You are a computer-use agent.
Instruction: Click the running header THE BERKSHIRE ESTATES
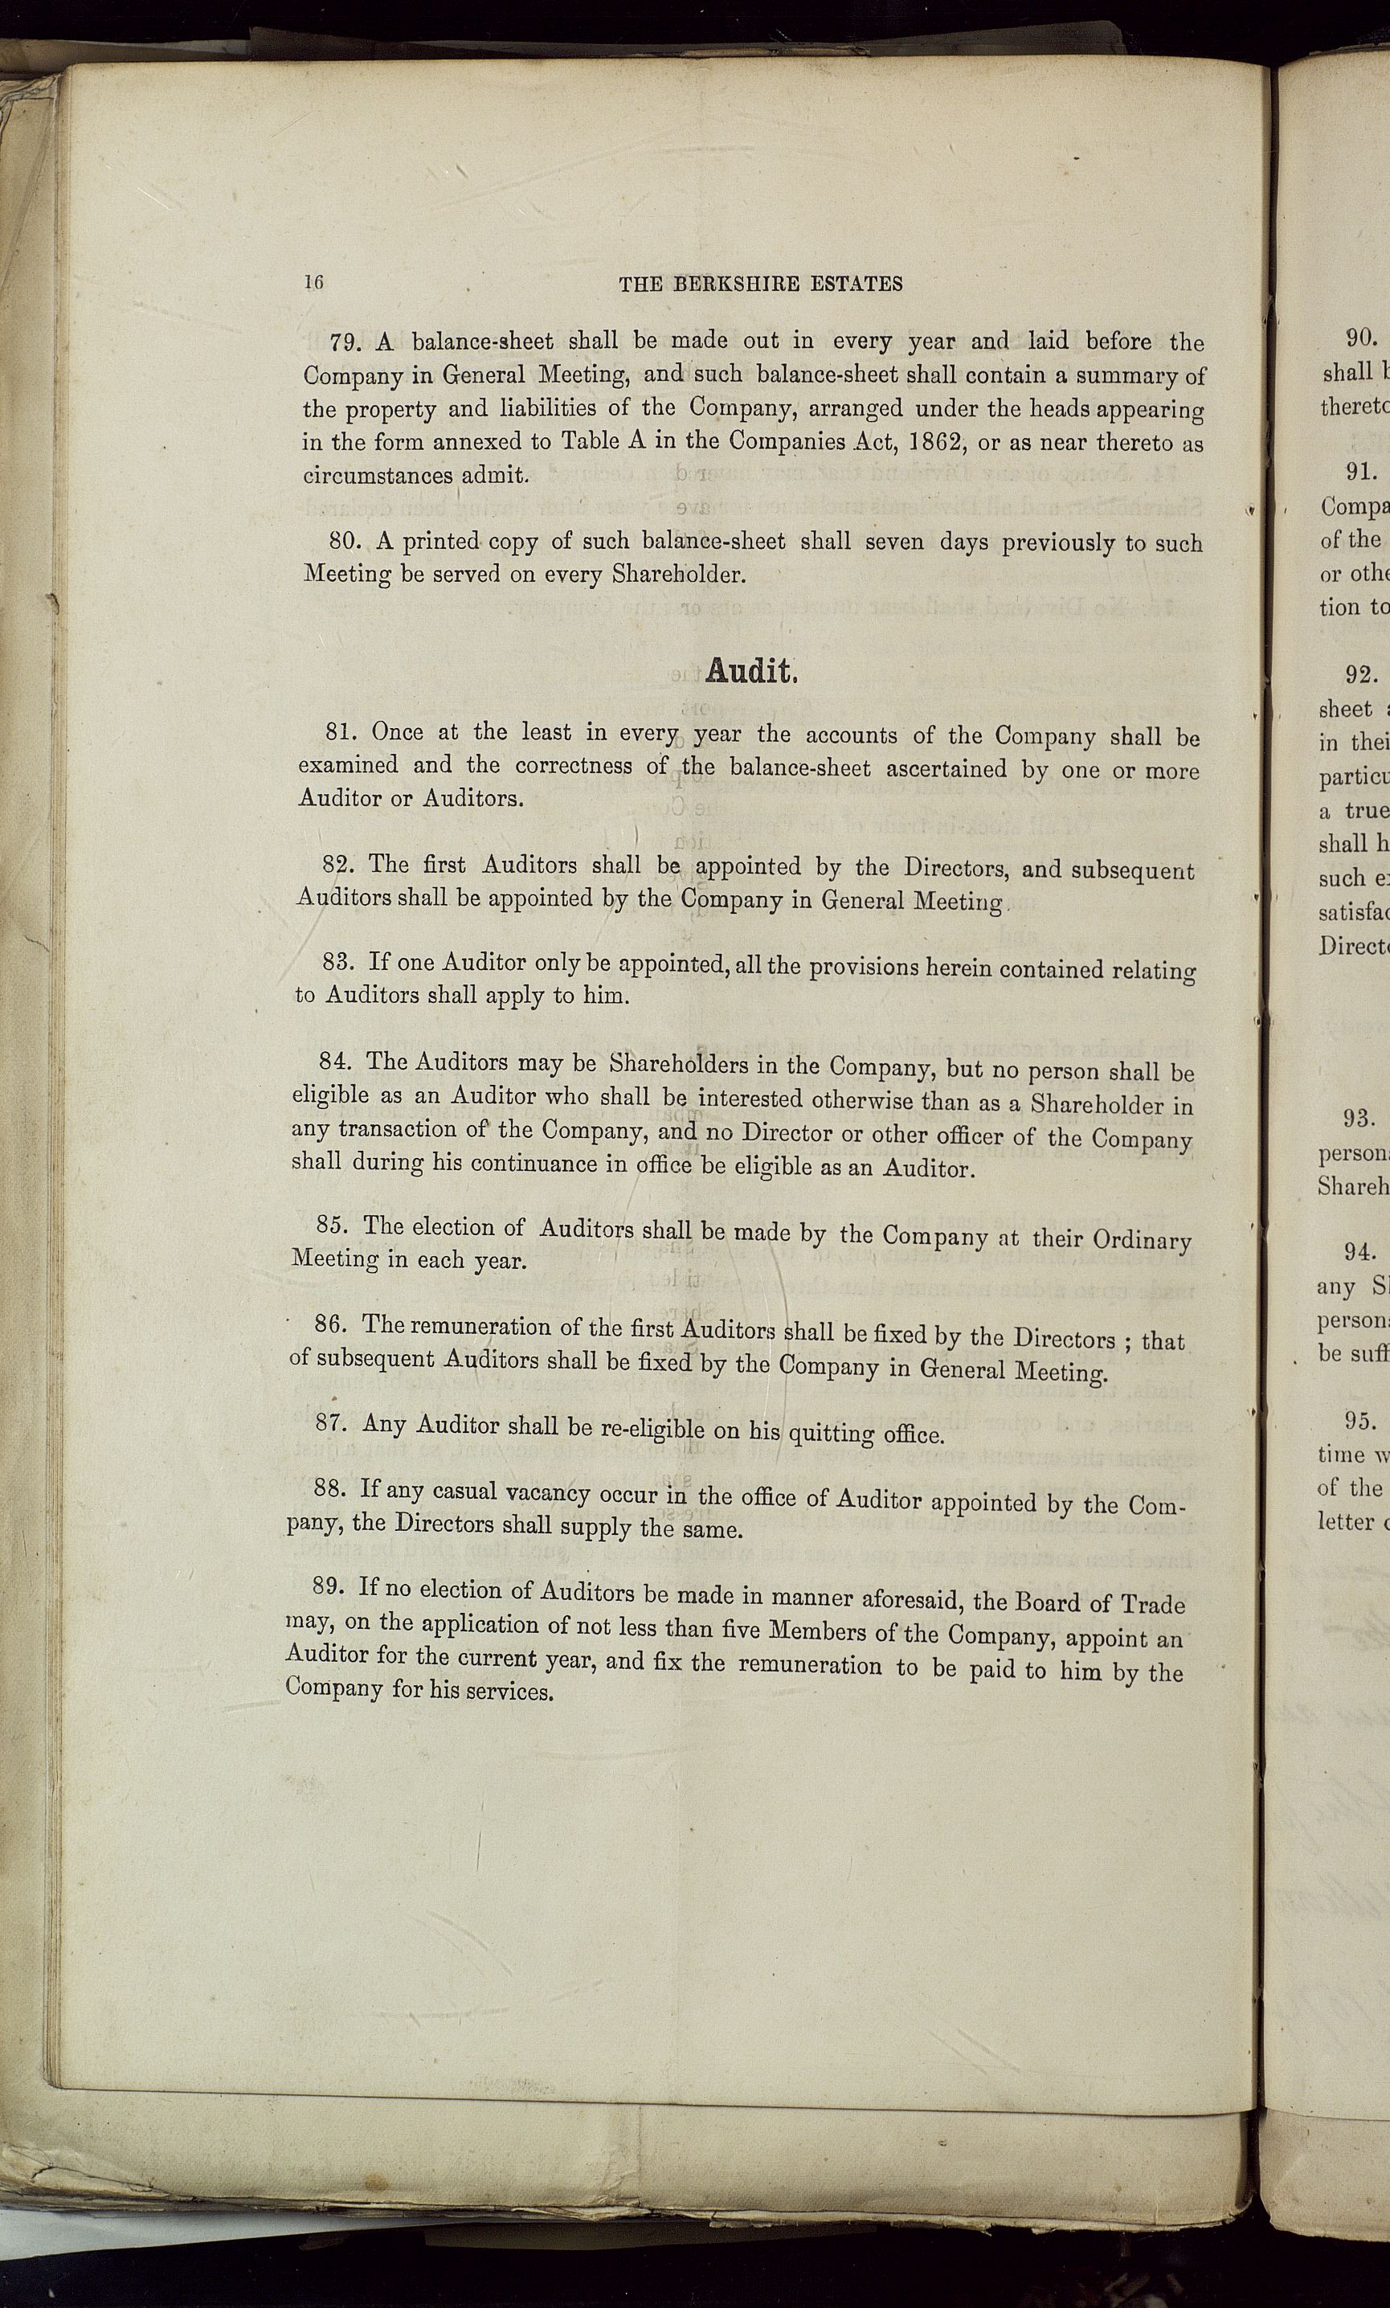[761, 284]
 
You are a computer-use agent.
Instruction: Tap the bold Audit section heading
[750, 671]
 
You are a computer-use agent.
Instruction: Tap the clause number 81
[340, 731]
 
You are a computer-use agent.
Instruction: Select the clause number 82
[337, 863]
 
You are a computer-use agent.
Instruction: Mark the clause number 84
[333, 1062]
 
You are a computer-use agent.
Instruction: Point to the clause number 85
[331, 1226]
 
